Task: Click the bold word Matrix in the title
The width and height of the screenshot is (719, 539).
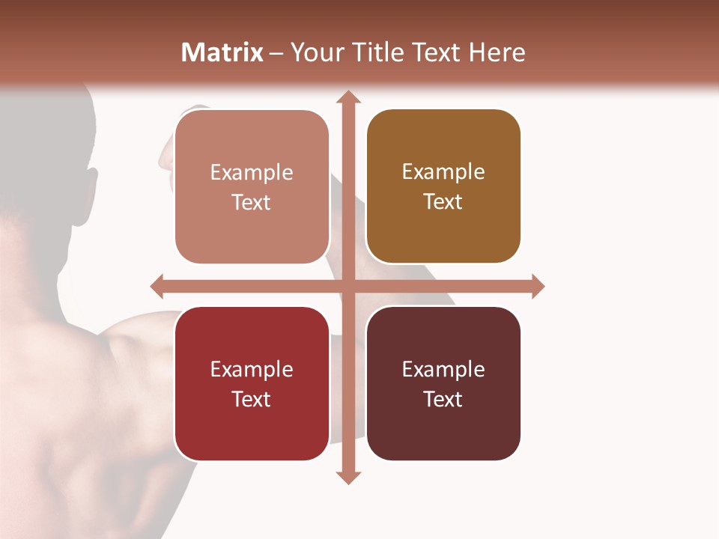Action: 222,52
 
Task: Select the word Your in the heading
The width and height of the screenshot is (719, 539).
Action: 315,52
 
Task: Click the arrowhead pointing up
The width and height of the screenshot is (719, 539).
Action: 348,97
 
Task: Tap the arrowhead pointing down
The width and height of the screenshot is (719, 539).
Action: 348,477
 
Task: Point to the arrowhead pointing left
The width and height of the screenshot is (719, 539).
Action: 157,286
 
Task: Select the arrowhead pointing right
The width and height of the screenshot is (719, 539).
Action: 538,286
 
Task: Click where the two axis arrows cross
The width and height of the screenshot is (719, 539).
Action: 348,286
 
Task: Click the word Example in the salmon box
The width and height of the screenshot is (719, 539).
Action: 252,172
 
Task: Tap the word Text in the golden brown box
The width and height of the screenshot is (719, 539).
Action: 443,202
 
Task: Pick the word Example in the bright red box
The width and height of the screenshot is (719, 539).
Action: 252,369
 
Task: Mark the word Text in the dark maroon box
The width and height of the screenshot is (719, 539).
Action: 443,399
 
